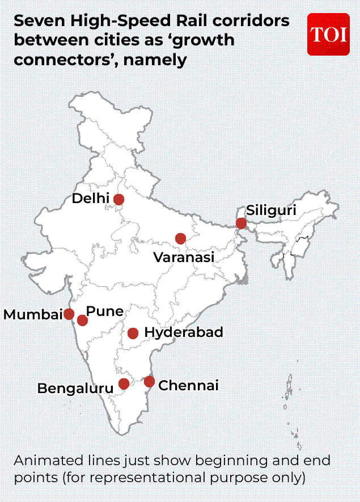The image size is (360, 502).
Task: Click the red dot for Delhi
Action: (118, 199)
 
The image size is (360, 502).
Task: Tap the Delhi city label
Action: (91, 199)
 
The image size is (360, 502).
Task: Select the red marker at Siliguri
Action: (241, 223)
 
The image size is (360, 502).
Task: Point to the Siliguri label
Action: (271, 210)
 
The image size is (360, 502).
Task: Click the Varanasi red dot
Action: (180, 238)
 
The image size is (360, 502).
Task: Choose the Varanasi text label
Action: (184, 258)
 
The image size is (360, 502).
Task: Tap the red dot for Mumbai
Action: (69, 314)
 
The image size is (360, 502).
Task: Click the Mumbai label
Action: (33, 315)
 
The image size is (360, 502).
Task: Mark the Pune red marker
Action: (82, 320)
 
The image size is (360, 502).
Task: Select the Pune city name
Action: (105, 311)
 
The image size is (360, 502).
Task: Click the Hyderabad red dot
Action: (133, 333)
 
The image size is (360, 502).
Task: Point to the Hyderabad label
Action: (184, 332)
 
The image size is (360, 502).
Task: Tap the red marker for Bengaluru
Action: (124, 384)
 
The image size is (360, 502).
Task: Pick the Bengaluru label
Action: (75, 389)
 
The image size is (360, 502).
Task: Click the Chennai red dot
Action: (149, 382)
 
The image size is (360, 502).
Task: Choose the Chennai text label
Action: (188, 386)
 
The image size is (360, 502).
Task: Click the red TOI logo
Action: (328, 34)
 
